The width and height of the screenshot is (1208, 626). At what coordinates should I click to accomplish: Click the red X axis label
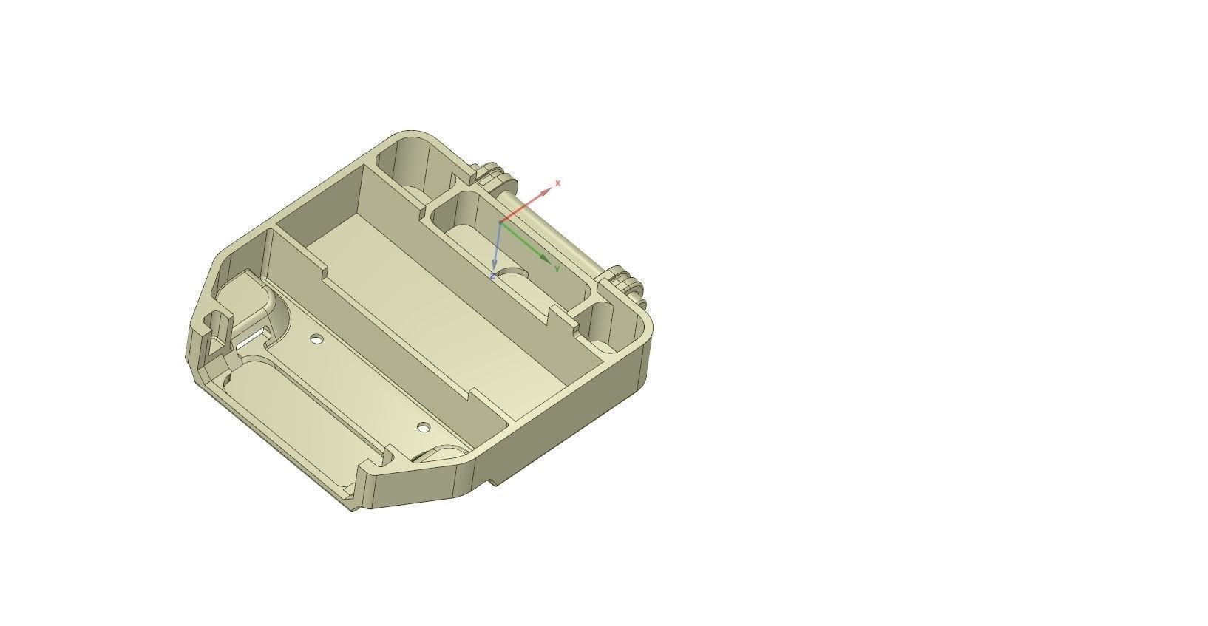pyautogui.click(x=558, y=183)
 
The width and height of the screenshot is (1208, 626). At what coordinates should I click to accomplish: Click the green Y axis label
pyautogui.click(x=557, y=269)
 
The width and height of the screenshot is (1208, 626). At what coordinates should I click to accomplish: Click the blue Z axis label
pyautogui.click(x=492, y=276)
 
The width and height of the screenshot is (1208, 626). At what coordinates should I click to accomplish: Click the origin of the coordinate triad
pyautogui.click(x=500, y=221)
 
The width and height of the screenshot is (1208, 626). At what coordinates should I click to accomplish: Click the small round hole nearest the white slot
pyautogui.click(x=316, y=339)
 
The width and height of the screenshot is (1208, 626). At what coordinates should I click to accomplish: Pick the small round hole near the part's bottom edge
pyautogui.click(x=423, y=427)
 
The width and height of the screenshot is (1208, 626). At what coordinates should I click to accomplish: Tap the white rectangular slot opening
pyautogui.click(x=251, y=338)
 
